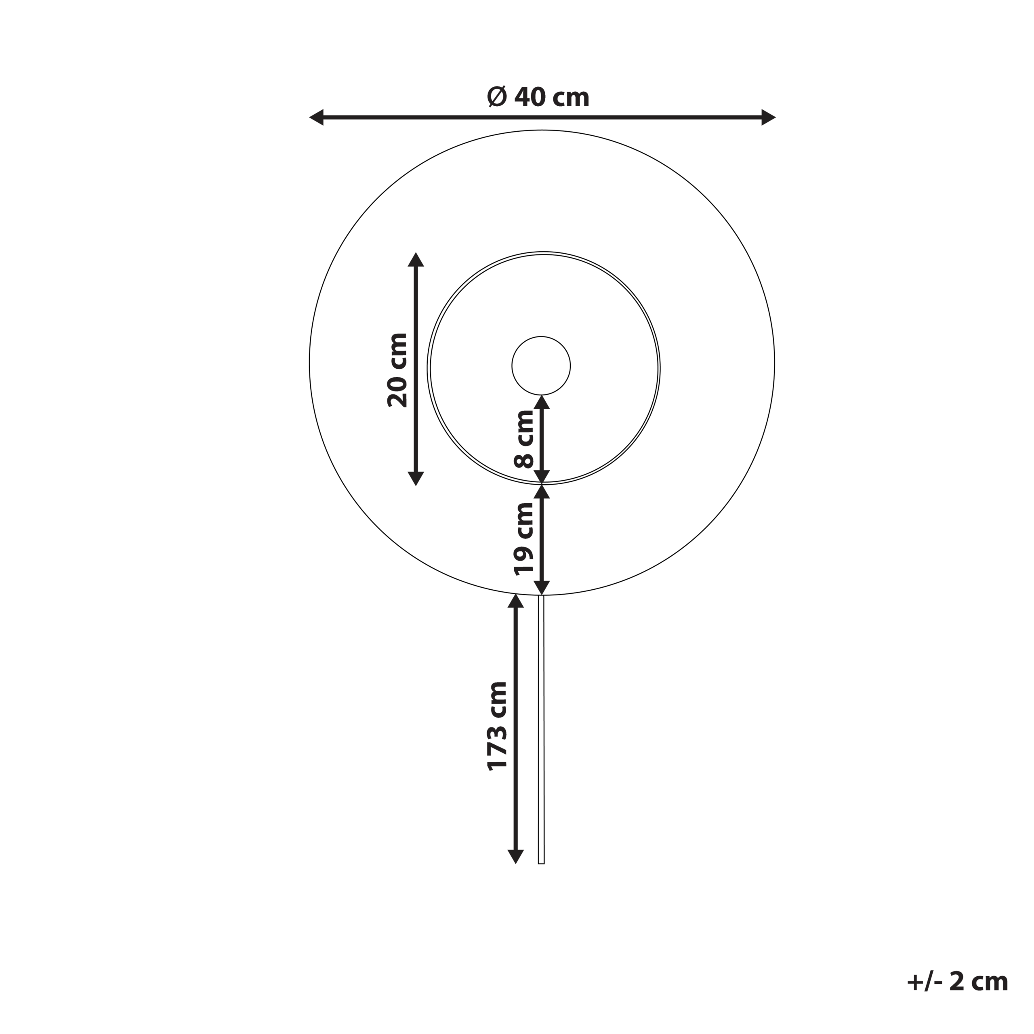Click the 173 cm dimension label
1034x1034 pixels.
click(498, 726)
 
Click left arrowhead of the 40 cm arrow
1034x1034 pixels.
click(316, 117)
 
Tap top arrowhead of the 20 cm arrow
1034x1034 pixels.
click(416, 260)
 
